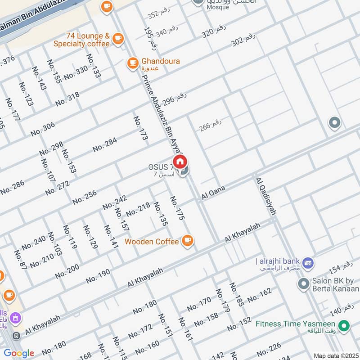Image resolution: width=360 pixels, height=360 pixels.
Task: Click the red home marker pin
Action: pyautogui.click(x=180, y=162)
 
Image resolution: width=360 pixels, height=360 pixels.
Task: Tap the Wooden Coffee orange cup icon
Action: pyautogui.click(x=188, y=241)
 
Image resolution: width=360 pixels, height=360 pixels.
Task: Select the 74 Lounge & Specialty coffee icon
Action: pyautogui.click(x=118, y=39)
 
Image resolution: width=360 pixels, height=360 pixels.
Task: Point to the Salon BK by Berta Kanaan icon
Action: pyautogui.click(x=303, y=283)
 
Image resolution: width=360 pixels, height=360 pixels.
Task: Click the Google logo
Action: pyautogui.click(x=18, y=353)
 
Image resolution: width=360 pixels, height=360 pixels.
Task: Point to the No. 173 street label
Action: pyautogui.click(x=140, y=128)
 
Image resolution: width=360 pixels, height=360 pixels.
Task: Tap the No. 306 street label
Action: pyautogui.click(x=43, y=129)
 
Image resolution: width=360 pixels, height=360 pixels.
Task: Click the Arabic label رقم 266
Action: pyautogui.click(x=211, y=125)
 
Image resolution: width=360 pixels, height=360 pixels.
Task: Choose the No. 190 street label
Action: pyautogui.click(x=98, y=276)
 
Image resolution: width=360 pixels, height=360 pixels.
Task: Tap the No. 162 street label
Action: pyautogui.click(x=260, y=295)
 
